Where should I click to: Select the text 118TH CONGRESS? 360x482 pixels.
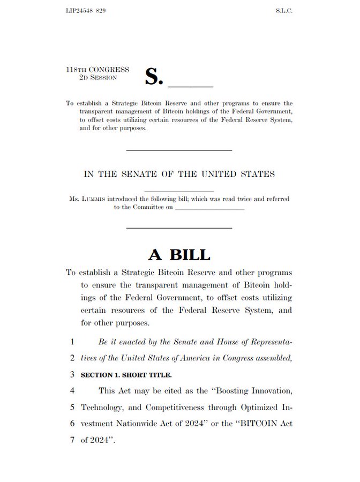tap(97, 70)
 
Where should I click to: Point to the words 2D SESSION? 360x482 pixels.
tap(98, 78)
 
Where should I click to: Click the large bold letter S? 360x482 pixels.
tap(153, 77)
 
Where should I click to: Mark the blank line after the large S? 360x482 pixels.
tap(191, 86)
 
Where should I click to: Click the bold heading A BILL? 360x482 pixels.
tap(179, 254)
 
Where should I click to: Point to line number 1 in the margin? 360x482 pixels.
tap(71, 341)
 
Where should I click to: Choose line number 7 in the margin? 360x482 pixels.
tap(71, 440)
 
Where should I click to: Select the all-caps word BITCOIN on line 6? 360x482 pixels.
tap(260, 423)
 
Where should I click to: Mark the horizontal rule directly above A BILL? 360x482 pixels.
tap(179, 228)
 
